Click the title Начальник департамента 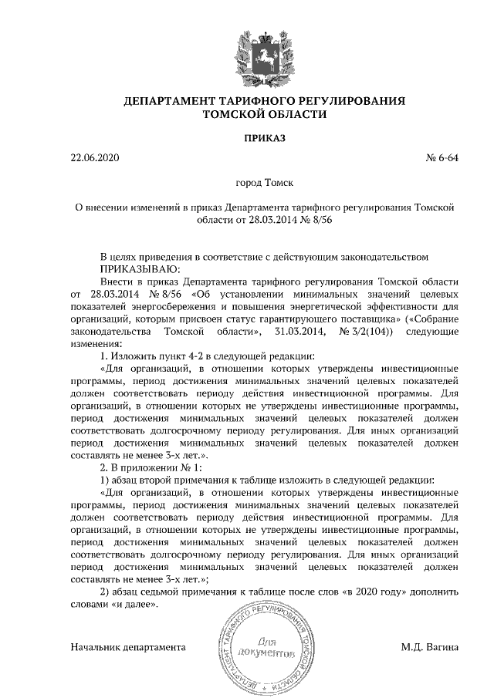click(127, 646)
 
